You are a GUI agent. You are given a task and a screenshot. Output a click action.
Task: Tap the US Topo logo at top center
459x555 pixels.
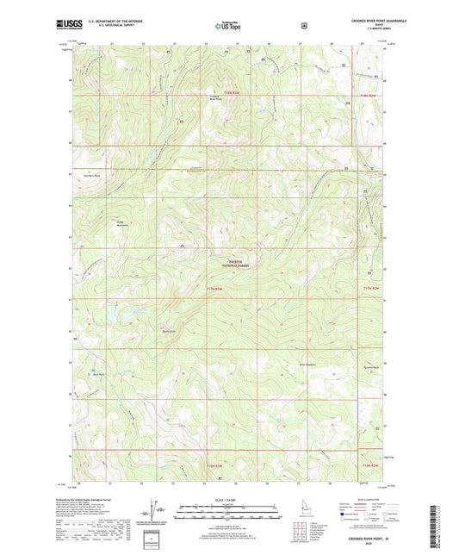pyautogui.click(x=228, y=26)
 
